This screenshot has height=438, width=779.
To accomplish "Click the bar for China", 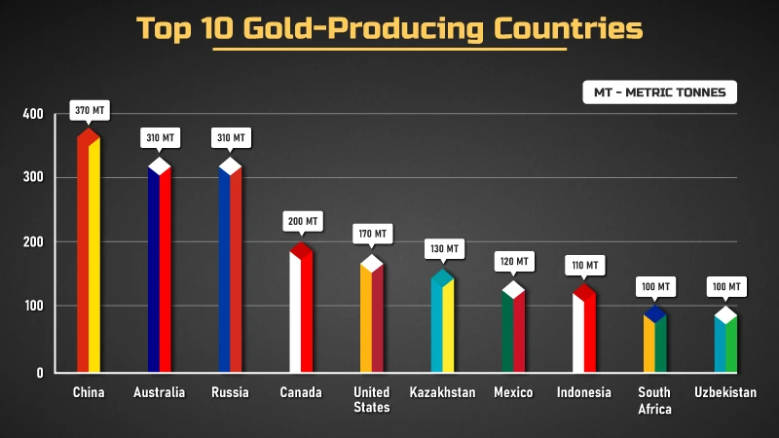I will (89, 253).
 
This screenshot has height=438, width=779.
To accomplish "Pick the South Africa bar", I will (655, 341).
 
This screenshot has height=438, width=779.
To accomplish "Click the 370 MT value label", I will (89, 110).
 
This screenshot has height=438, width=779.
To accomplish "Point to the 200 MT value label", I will (302, 222).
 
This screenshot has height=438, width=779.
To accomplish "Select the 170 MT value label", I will (372, 235).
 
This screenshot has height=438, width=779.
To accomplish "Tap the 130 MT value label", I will (443, 249).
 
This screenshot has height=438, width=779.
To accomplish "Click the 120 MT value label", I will (514, 262).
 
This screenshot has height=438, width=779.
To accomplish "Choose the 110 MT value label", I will (584, 265).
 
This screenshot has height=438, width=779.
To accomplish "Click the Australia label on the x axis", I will (160, 392).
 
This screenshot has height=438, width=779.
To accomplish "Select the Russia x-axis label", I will (230, 392).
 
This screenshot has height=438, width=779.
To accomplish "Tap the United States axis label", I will (372, 399).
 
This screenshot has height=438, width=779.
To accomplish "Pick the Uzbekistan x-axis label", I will (725, 392).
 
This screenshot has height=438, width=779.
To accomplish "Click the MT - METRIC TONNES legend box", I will (660, 92).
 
